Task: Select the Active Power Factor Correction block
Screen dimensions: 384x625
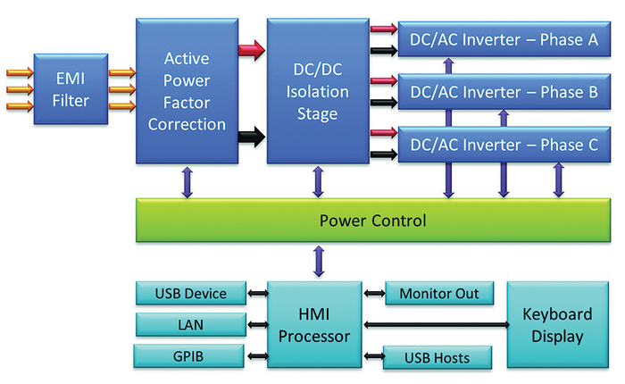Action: point(187,91)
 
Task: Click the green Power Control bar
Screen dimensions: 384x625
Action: point(373,220)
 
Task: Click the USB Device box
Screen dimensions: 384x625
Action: point(190,294)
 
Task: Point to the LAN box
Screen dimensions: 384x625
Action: point(190,324)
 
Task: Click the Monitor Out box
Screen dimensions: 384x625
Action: point(438,294)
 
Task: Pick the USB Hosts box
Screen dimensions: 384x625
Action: point(438,357)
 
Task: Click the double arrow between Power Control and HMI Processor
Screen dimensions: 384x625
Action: point(316,261)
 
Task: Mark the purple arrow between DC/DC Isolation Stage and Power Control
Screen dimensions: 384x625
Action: point(316,181)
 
